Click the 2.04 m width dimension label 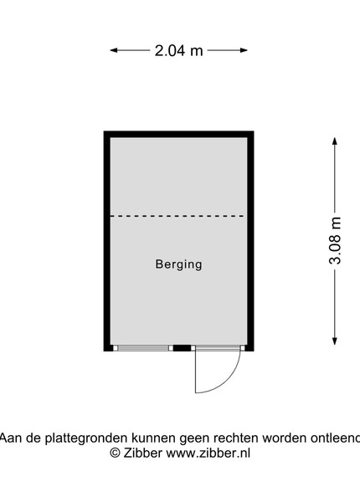pyautogui.click(x=178, y=50)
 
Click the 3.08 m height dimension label pyautogui.click(x=336, y=241)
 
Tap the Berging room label pyautogui.click(x=178, y=264)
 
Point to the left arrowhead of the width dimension pyautogui.click(x=114, y=50)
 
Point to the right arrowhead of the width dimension pyautogui.click(x=244, y=50)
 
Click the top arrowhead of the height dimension pyautogui.click(x=335, y=141)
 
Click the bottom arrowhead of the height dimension pyautogui.click(x=335, y=341)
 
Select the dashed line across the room pyautogui.click(x=177, y=216)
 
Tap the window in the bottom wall pyautogui.click(x=143, y=348)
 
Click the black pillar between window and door pyautogui.click(x=182, y=348)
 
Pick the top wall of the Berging pyautogui.click(x=178, y=134)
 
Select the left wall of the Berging pyautogui.click(x=107, y=241)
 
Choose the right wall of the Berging pyautogui.click(x=250, y=241)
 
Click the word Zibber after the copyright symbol pyautogui.click(x=142, y=453)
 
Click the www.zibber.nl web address pyautogui.click(x=208, y=453)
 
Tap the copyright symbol pyautogui.click(x=115, y=453)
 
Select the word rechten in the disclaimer pyautogui.click(x=236, y=438)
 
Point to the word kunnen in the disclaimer pyautogui.click(x=154, y=438)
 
